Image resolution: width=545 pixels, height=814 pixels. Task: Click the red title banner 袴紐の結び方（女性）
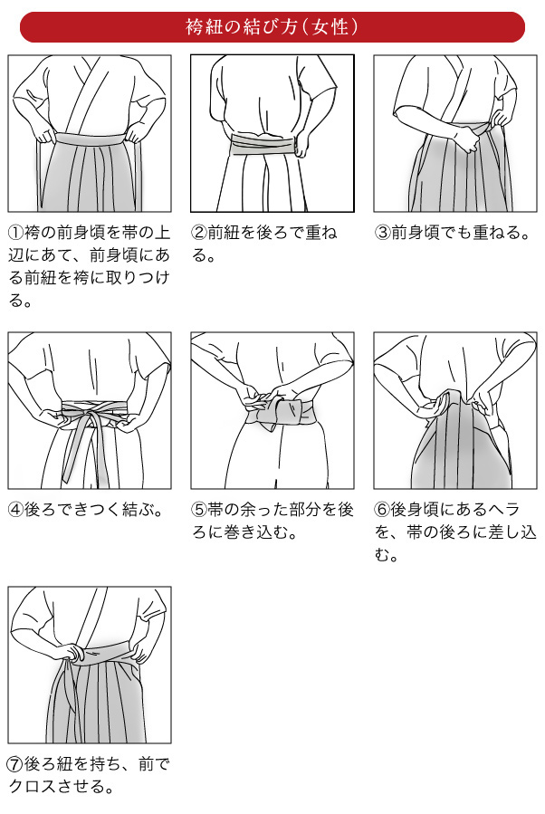272,27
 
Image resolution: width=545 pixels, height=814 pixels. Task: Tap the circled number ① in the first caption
16,232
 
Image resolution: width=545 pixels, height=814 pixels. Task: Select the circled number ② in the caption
199,232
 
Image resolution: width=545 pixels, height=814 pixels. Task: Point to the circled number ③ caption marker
383,232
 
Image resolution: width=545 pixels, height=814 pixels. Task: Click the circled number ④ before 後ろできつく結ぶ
16,509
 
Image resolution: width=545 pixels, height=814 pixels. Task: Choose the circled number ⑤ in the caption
199,509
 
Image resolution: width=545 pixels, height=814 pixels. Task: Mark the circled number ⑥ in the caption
383,509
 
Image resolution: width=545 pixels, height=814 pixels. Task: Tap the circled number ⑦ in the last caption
15,764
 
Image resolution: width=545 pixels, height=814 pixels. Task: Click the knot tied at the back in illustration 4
93,418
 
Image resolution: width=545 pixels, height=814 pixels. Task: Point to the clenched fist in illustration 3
467,139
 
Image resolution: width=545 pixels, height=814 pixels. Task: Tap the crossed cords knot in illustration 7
76,656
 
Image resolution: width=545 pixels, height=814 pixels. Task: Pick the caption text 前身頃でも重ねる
455,232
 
